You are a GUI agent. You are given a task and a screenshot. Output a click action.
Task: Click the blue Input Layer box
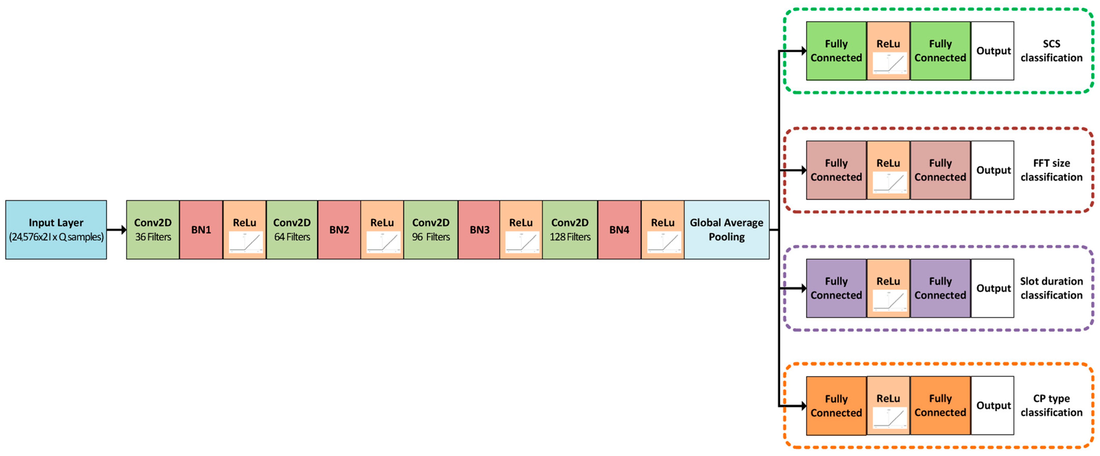[56, 230]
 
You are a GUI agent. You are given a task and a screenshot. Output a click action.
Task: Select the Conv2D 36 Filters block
[153, 230]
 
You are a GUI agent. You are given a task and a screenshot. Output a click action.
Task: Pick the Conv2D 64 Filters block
[292, 230]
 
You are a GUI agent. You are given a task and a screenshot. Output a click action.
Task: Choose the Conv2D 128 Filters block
[570, 230]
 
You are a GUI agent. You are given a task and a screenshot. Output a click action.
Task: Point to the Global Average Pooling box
[726, 230]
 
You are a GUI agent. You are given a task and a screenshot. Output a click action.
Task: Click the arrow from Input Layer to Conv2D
[117, 230]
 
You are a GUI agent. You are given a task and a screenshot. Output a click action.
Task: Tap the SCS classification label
[1051, 51]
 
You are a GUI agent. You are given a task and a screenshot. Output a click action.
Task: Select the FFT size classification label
[1051, 170]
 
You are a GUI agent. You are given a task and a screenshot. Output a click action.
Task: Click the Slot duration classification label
[1051, 288]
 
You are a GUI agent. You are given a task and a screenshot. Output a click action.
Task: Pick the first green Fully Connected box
[836, 51]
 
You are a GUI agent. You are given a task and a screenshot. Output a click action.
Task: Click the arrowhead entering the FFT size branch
[803, 170]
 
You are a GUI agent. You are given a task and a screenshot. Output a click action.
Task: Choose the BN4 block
[619, 230]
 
